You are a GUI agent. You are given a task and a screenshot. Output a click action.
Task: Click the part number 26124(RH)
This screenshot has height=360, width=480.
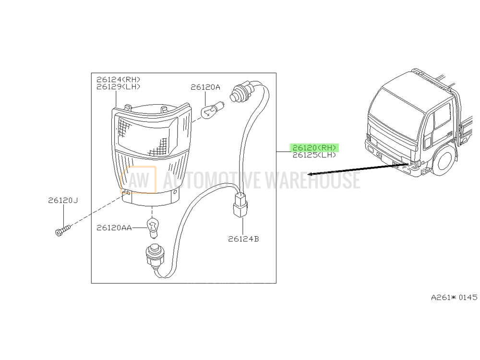coord(118,80)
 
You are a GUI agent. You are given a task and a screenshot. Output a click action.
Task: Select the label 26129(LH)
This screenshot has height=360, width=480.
coord(118,87)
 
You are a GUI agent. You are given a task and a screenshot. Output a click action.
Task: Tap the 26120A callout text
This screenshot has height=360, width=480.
coord(205,87)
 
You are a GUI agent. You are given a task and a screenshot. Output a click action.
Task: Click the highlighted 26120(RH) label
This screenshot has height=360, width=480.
coord(314,148)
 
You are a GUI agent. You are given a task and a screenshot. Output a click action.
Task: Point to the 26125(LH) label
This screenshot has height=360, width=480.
coord(314,155)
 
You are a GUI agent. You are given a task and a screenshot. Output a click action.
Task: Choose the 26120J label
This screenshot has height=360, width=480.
coord(63,201)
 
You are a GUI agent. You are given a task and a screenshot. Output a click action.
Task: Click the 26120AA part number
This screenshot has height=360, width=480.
coord(114,228)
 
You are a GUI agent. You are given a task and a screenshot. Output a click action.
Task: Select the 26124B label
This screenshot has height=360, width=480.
coord(243,239)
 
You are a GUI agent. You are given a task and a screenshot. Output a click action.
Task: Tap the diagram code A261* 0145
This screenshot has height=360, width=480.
coord(454,297)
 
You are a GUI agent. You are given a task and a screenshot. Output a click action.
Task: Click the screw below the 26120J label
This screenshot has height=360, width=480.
coord(63,230)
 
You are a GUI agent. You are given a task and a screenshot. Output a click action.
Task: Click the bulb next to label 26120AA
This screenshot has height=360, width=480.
coord(153,228)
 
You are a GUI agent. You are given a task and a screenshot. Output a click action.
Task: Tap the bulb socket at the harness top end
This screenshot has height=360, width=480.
coord(242,91)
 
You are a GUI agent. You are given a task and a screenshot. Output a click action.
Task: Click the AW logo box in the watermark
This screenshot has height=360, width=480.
coord(138,180)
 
